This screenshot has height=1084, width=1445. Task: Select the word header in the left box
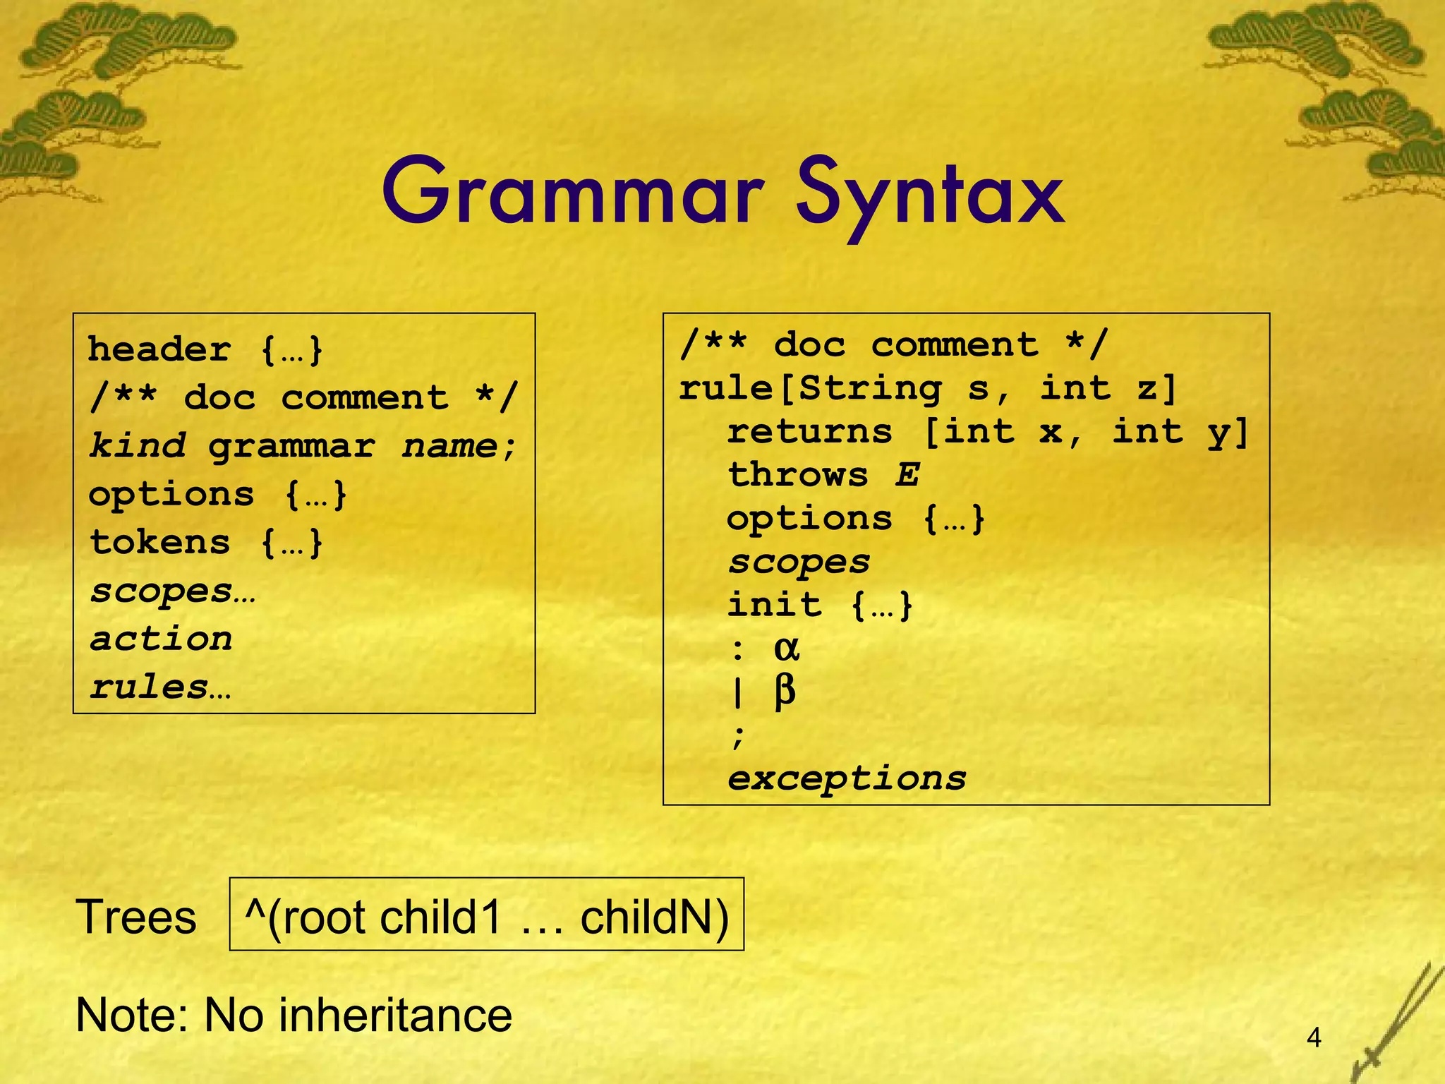coord(159,350)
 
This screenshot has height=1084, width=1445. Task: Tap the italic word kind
coord(138,446)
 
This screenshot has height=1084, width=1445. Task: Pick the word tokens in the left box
coord(160,543)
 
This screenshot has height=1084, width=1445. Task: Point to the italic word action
coord(161,639)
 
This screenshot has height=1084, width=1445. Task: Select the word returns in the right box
coord(810,431)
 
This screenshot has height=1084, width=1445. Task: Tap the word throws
coord(798,474)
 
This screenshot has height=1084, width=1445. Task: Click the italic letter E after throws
coord(907,474)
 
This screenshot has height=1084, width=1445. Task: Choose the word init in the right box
coord(775,605)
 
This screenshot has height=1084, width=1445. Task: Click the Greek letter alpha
coord(787,648)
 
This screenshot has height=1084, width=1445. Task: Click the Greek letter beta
coord(785,691)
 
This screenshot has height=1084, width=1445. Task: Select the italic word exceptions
coord(847,779)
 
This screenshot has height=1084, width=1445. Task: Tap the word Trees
coord(135,917)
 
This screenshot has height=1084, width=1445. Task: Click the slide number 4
coord(1314,1038)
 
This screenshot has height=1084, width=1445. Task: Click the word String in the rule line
coord(872,388)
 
